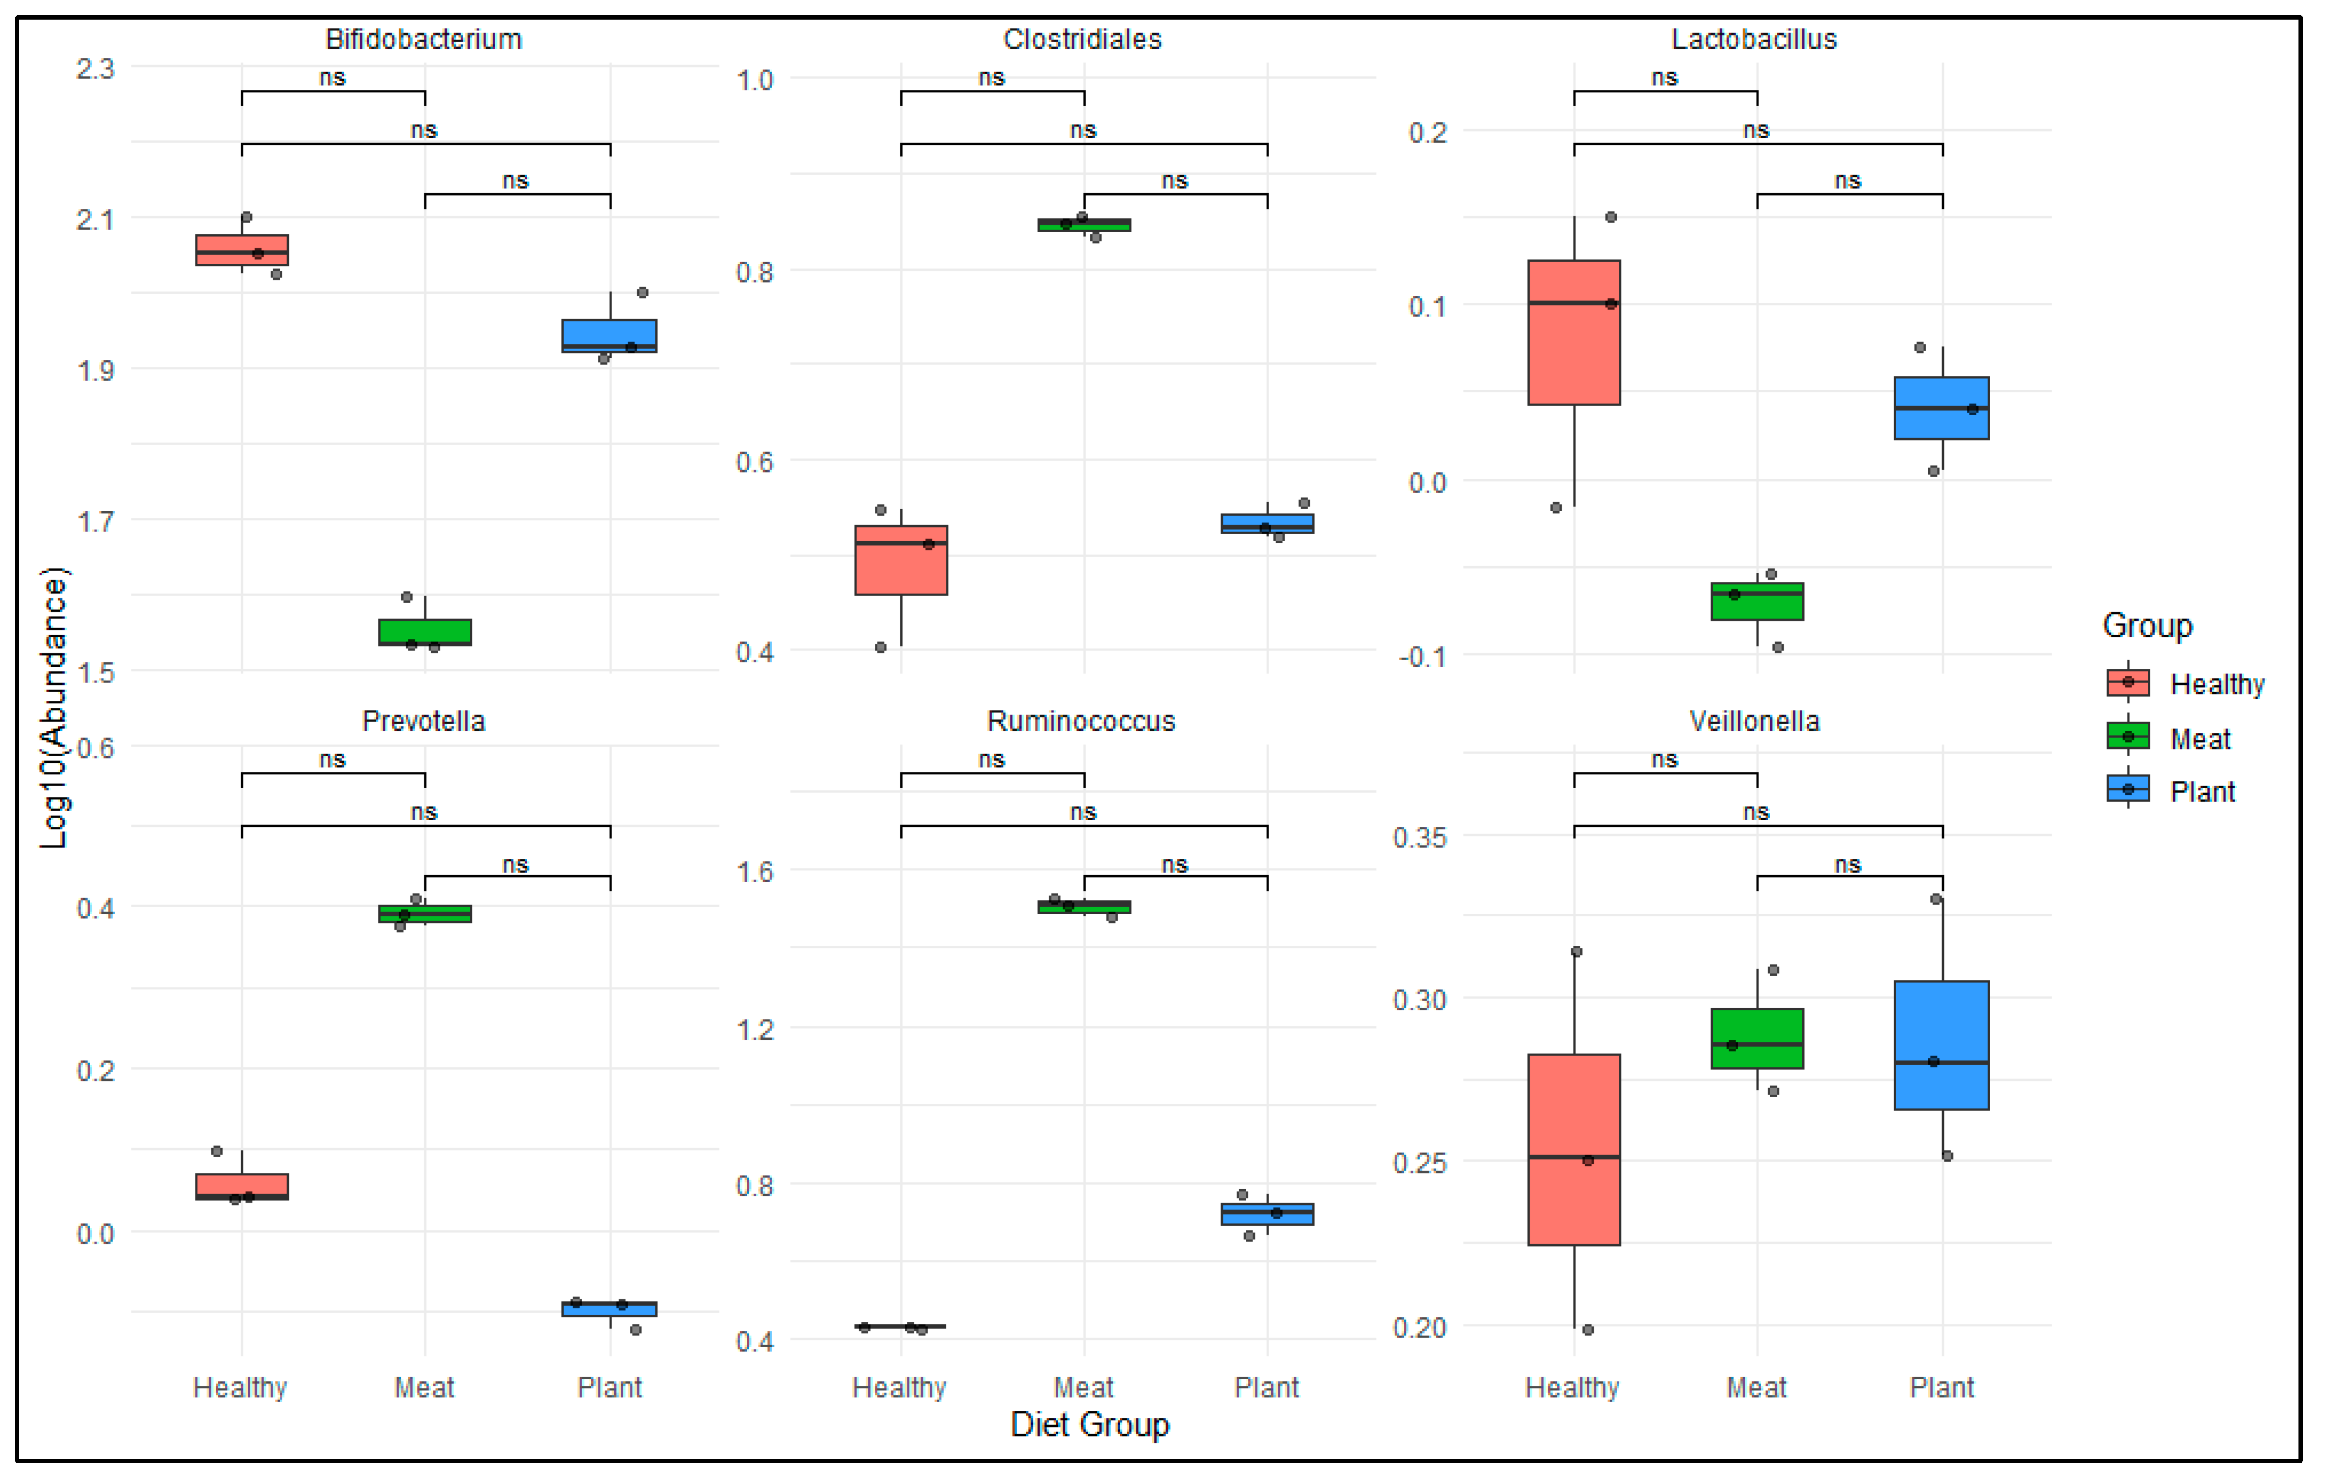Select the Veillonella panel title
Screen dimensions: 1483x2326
coord(1753,721)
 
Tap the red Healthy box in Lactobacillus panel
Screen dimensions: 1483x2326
coord(1574,333)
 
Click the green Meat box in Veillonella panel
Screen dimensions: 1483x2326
coord(1756,1039)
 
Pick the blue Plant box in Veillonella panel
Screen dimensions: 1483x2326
coord(1940,1045)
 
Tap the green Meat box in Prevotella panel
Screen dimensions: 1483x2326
coord(424,913)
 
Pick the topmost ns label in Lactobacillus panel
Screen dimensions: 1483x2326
coord(1663,78)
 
